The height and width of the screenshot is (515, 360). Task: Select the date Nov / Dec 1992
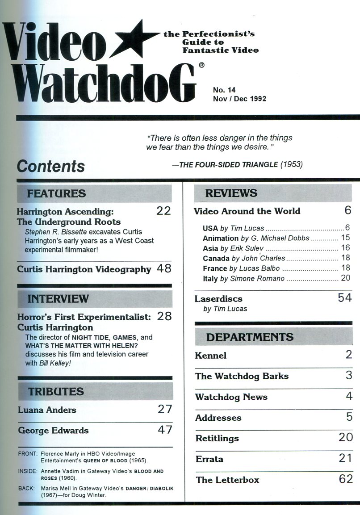[x=239, y=99]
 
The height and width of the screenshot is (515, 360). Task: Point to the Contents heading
[x=50, y=166]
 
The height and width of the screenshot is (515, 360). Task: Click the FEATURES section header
[x=56, y=194]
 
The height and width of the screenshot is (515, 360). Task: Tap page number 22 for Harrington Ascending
[x=163, y=211]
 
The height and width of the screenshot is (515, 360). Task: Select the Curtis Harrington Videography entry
[x=84, y=269]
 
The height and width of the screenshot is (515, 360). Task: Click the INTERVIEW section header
[x=58, y=299]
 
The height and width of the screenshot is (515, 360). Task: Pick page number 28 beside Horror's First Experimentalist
[x=164, y=316]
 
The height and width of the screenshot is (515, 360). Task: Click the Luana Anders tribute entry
[x=47, y=410]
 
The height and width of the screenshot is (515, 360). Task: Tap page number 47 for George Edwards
[x=165, y=430]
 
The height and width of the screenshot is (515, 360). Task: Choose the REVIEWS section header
[x=231, y=193]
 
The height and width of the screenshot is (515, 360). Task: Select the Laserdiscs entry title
[x=218, y=298]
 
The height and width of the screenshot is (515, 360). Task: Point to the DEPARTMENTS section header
[x=250, y=337]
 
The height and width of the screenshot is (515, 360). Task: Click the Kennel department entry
[x=211, y=356]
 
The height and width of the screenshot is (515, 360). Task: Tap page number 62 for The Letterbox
[x=346, y=480]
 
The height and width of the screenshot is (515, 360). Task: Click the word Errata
[x=209, y=459]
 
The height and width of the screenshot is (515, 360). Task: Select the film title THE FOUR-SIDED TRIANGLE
[x=229, y=165]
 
